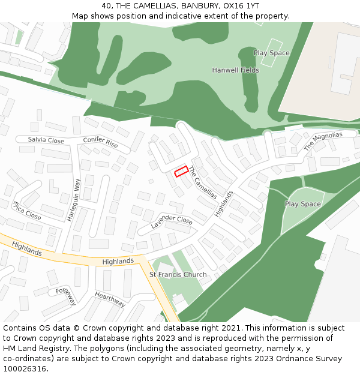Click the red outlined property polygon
point(181,172)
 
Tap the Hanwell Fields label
point(236,70)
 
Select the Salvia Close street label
point(46,140)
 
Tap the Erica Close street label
point(27,211)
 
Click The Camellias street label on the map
point(203,182)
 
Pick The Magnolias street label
point(323,142)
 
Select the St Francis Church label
point(178,275)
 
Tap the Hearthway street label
point(110,299)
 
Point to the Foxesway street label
point(66,296)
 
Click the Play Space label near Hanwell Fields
point(271,53)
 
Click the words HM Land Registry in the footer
point(31,349)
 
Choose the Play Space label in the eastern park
point(302,204)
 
